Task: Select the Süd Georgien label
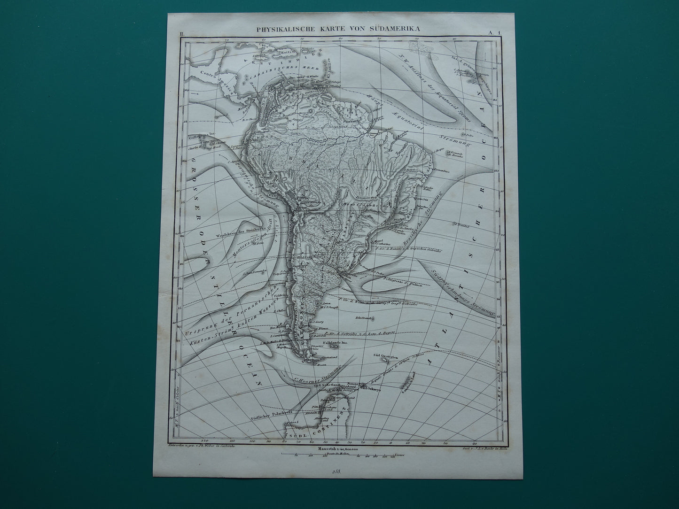(382, 355)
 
